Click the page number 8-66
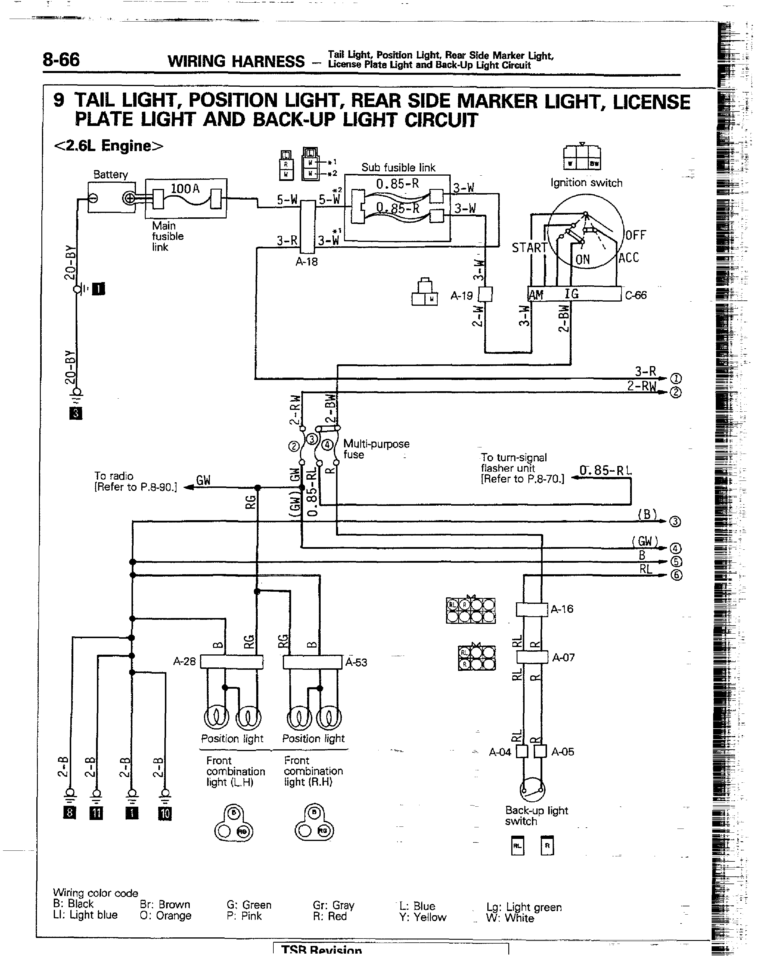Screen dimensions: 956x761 61,60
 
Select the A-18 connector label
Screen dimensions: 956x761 307,262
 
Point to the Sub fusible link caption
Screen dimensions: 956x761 398,168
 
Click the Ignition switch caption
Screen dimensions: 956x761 586,183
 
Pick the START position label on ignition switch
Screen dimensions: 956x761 529,248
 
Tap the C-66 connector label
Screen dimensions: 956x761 636,295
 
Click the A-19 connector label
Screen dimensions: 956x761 461,296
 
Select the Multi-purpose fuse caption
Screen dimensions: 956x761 376,449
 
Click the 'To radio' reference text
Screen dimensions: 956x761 135,481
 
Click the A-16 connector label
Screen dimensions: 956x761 562,609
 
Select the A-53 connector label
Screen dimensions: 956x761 356,662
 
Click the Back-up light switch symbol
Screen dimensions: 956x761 532,789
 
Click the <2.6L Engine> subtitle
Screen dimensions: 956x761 108,145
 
